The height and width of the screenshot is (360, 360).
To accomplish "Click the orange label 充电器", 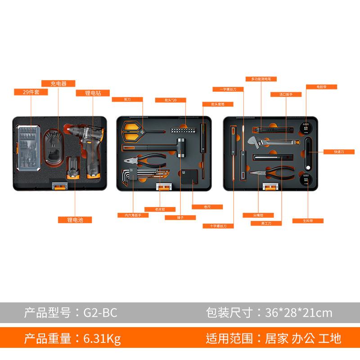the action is coord(58,83).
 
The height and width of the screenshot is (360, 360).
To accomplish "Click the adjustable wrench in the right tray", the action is coord(270,144).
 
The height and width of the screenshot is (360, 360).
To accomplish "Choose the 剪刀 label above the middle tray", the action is coord(127,99).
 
